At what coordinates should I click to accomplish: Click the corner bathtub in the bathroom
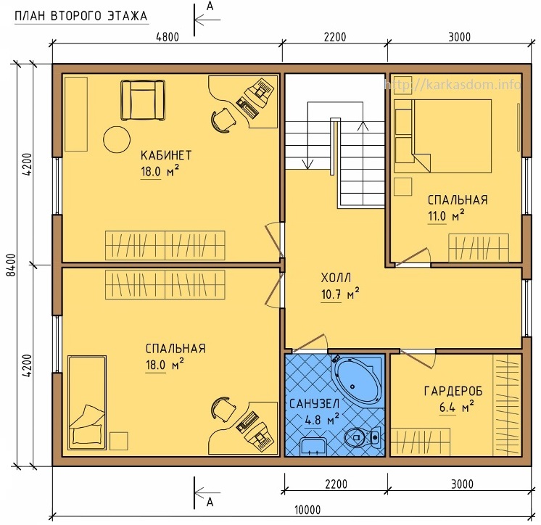(358, 379)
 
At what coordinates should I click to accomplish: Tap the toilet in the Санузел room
(363, 437)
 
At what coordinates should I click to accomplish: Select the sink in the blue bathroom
(313, 447)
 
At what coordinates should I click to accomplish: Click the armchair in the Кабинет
(142, 100)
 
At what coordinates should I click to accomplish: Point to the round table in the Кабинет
(117, 139)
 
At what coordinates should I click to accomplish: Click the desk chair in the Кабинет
(223, 120)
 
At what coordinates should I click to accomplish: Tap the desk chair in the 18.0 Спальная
(223, 409)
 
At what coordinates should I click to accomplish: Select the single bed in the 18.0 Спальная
(87, 402)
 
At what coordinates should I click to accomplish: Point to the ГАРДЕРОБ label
(453, 391)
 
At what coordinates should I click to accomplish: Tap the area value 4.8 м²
(322, 420)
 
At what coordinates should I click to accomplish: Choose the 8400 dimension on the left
(12, 265)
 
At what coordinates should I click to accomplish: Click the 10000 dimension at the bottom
(307, 510)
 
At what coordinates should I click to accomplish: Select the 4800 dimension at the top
(168, 37)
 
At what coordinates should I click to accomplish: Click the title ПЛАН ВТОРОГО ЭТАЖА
(81, 16)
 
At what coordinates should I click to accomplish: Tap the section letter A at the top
(210, 7)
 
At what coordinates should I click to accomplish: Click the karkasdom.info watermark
(453, 84)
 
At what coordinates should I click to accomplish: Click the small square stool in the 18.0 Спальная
(119, 441)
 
